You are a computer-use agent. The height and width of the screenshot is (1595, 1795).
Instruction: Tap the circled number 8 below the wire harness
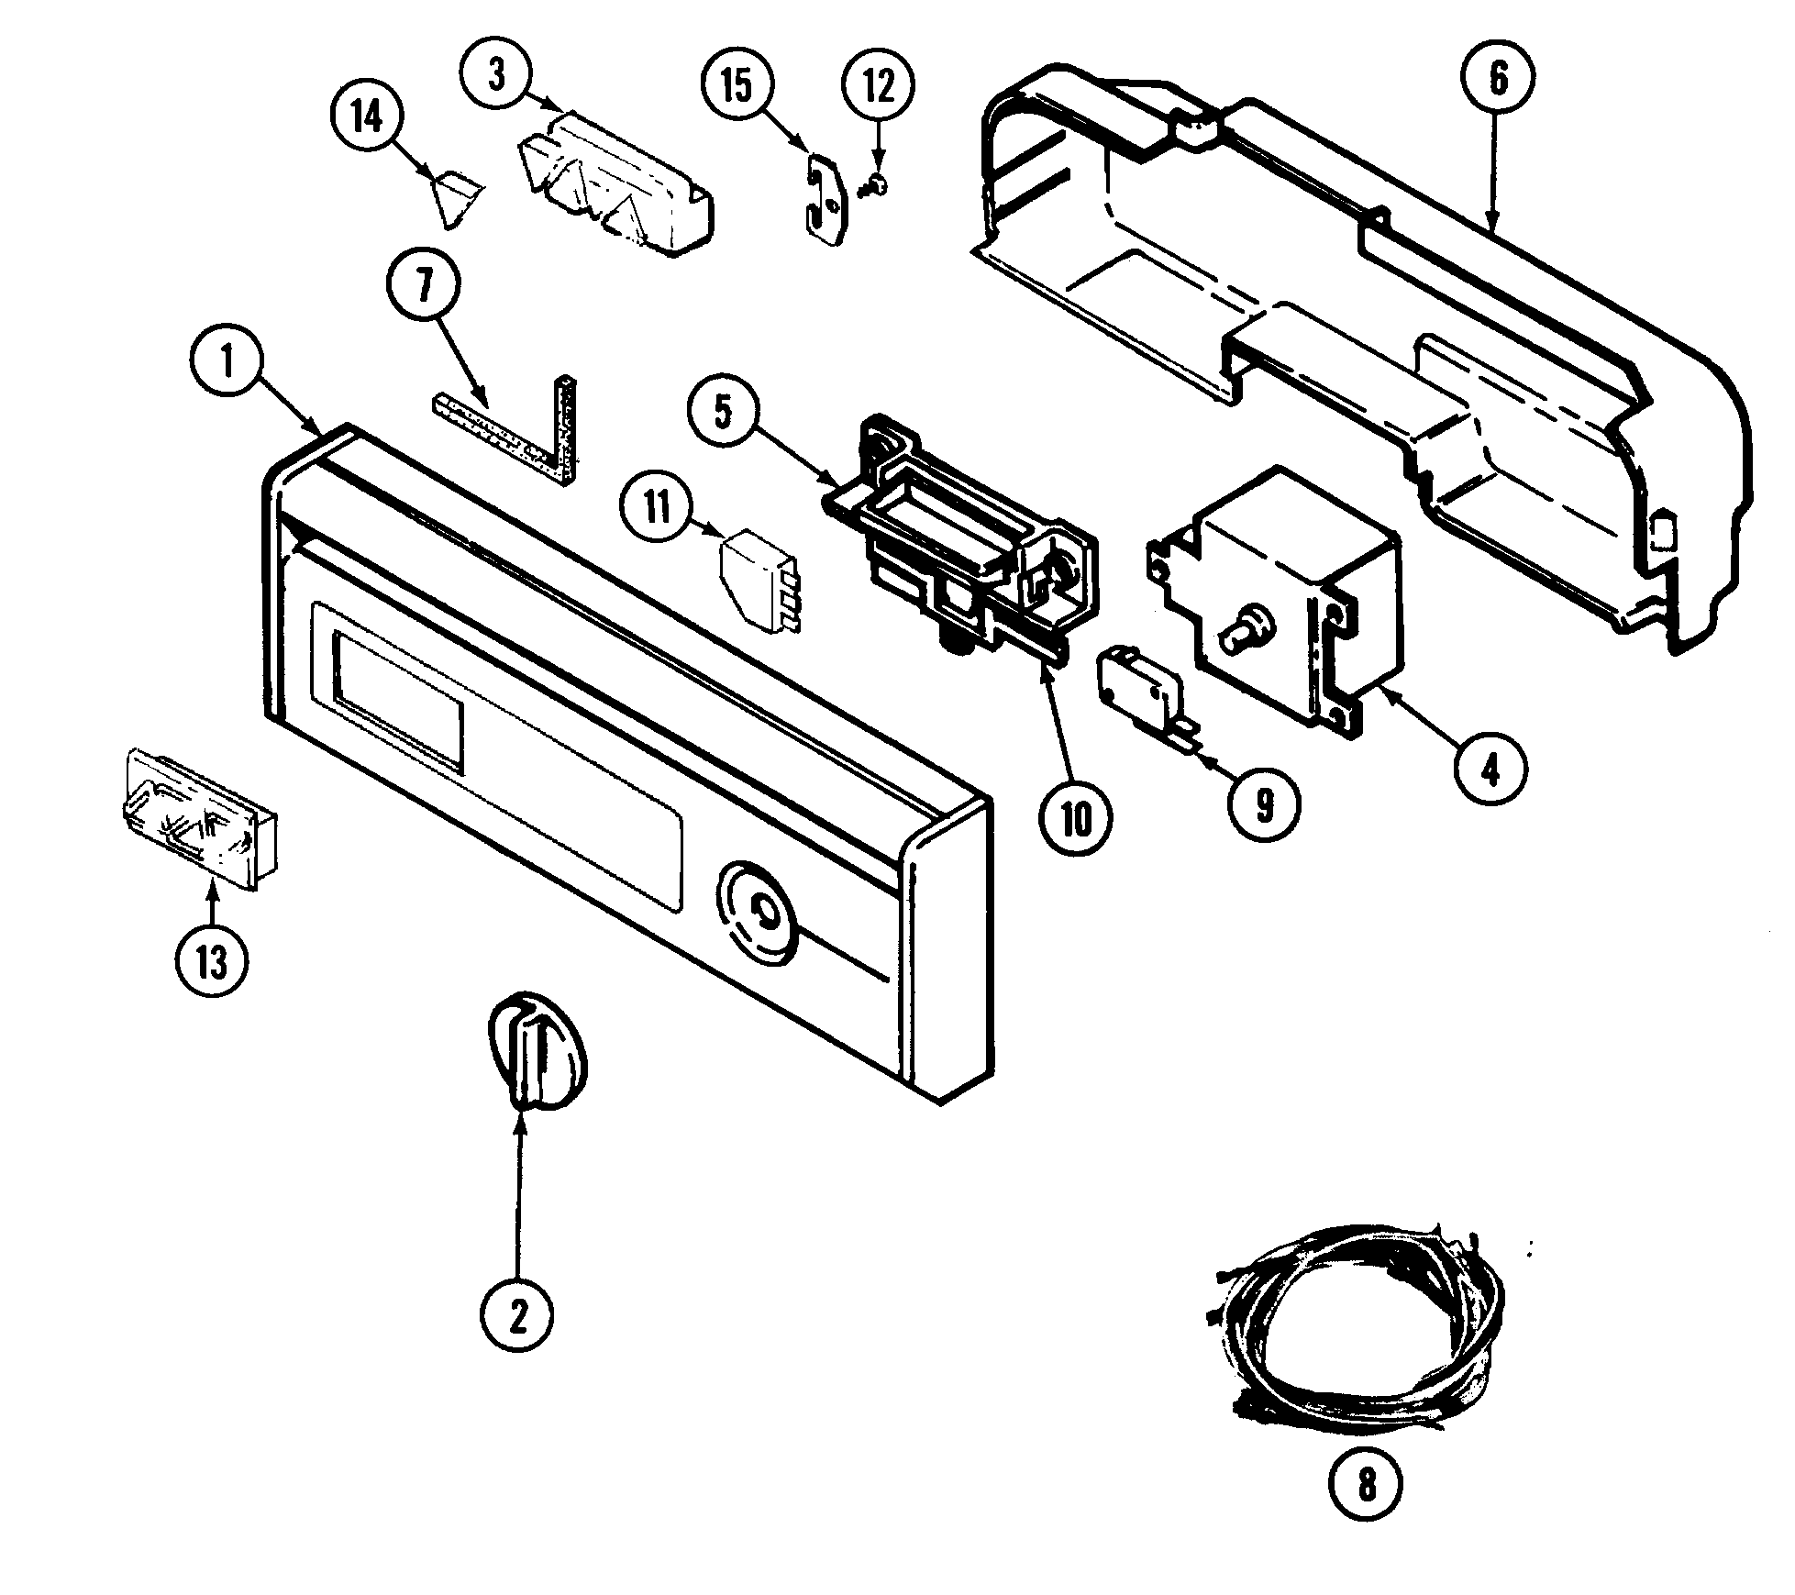(x=1366, y=1484)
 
